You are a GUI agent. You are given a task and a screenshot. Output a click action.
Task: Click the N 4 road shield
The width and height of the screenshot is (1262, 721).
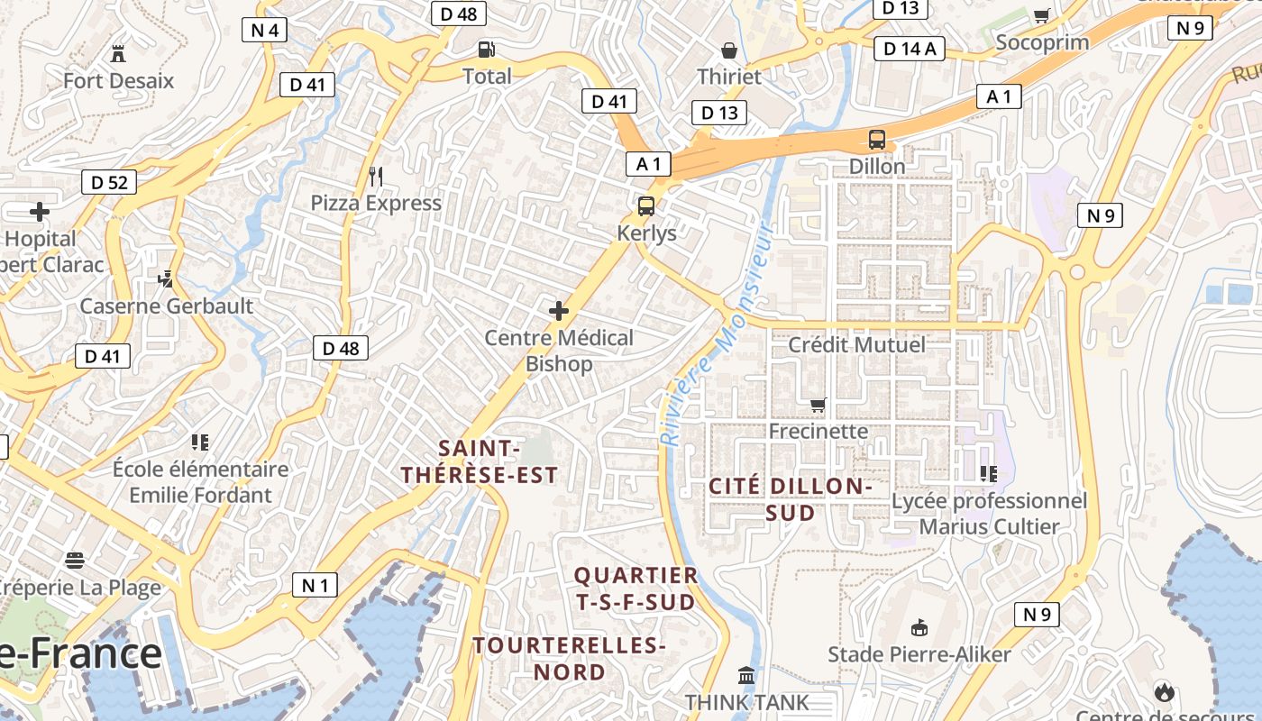pyautogui.click(x=264, y=30)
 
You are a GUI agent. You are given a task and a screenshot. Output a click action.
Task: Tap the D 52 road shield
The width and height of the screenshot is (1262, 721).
pyautogui.click(x=109, y=183)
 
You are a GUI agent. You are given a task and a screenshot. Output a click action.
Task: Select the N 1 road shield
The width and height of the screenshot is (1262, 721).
pyautogui.click(x=315, y=585)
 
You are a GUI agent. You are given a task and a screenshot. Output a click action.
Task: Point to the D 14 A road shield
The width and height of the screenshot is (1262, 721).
pyautogui.click(x=910, y=49)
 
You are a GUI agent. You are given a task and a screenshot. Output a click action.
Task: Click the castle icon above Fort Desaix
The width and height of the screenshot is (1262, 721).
pyautogui.click(x=118, y=53)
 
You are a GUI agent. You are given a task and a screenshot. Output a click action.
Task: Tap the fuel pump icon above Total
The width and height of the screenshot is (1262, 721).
pyautogui.click(x=487, y=50)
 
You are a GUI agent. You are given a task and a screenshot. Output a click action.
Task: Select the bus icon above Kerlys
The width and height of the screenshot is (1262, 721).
pyautogui.click(x=646, y=206)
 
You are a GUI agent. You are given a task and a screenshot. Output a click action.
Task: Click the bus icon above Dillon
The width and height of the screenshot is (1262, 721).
pyautogui.click(x=877, y=140)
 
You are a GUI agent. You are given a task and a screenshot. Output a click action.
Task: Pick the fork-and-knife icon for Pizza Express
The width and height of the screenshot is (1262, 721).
pyautogui.click(x=376, y=176)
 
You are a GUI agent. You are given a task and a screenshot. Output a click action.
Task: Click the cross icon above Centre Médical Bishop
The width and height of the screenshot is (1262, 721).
pyautogui.click(x=559, y=312)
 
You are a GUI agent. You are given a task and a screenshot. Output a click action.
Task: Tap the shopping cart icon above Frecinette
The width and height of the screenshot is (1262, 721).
pyautogui.click(x=818, y=405)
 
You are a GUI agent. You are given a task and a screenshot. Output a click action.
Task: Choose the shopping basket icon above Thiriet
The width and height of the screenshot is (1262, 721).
pyautogui.click(x=729, y=50)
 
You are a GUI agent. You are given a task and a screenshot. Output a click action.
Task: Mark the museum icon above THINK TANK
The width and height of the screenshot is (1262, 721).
pyautogui.click(x=746, y=675)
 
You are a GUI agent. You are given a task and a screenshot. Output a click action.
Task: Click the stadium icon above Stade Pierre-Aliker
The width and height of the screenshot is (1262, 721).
pyautogui.click(x=919, y=627)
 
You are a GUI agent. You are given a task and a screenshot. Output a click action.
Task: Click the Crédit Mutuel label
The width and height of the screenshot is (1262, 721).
pyautogui.click(x=856, y=345)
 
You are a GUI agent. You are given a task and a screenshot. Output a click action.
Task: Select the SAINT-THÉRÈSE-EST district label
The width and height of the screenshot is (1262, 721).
pyautogui.click(x=480, y=461)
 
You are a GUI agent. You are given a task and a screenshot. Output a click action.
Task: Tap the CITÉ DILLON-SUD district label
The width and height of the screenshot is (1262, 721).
pyautogui.click(x=791, y=499)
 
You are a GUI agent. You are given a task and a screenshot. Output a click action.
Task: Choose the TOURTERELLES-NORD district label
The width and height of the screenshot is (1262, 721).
pyautogui.click(x=569, y=659)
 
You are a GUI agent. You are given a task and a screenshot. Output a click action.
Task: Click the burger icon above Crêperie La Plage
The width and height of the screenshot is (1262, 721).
pyautogui.click(x=75, y=561)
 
